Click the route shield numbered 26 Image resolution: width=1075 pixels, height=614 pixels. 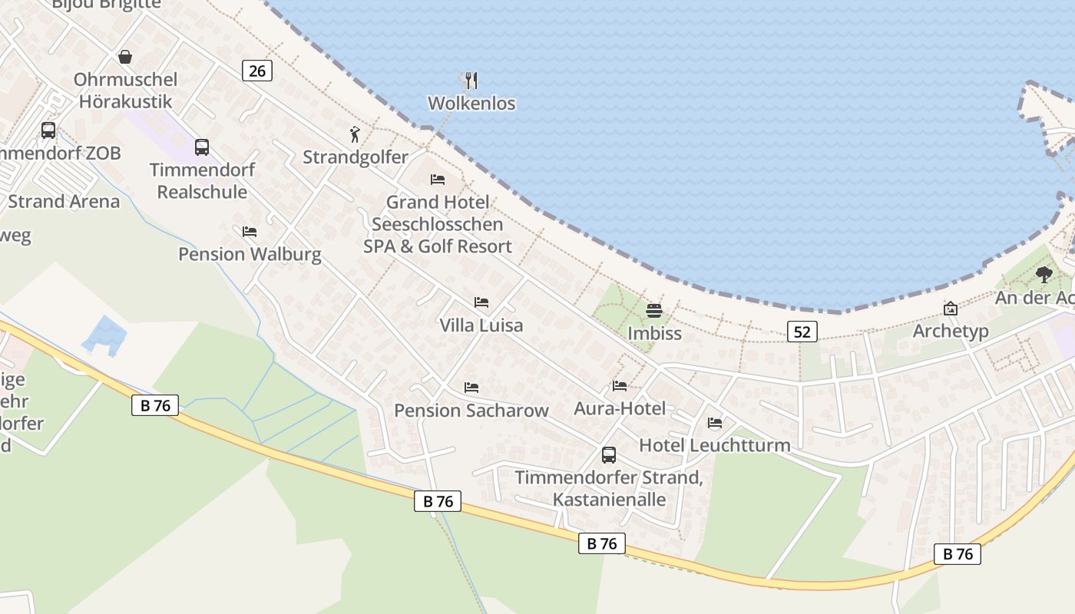(x=257, y=71)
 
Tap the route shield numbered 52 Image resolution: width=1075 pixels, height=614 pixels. (x=802, y=332)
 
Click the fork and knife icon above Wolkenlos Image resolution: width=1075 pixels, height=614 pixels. (x=471, y=79)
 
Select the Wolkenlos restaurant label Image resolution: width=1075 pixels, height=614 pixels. (x=471, y=103)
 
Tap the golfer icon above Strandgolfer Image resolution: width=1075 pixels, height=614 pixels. (x=355, y=135)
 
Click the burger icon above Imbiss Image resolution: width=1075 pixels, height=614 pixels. (x=654, y=311)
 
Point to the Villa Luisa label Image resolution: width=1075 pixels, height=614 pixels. (x=481, y=325)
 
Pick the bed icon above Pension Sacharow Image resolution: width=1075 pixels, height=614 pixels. (x=471, y=388)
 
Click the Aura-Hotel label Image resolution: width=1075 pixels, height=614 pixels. (x=620, y=408)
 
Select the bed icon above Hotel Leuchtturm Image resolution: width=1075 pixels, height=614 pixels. (x=715, y=423)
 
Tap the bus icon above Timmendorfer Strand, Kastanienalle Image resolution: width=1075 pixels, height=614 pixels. (x=609, y=455)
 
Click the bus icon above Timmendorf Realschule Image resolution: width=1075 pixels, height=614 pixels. (x=202, y=147)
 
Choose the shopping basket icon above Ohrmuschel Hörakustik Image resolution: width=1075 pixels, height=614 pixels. (x=125, y=57)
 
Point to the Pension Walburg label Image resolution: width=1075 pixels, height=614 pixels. (x=250, y=253)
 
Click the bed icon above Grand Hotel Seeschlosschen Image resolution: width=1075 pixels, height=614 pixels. (x=438, y=180)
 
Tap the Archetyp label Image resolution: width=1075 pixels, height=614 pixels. (x=950, y=331)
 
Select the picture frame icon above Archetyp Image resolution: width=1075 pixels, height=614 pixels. (x=951, y=309)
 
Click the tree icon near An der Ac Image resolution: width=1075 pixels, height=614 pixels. (x=1044, y=275)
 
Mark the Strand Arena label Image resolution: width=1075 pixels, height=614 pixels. (x=64, y=201)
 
